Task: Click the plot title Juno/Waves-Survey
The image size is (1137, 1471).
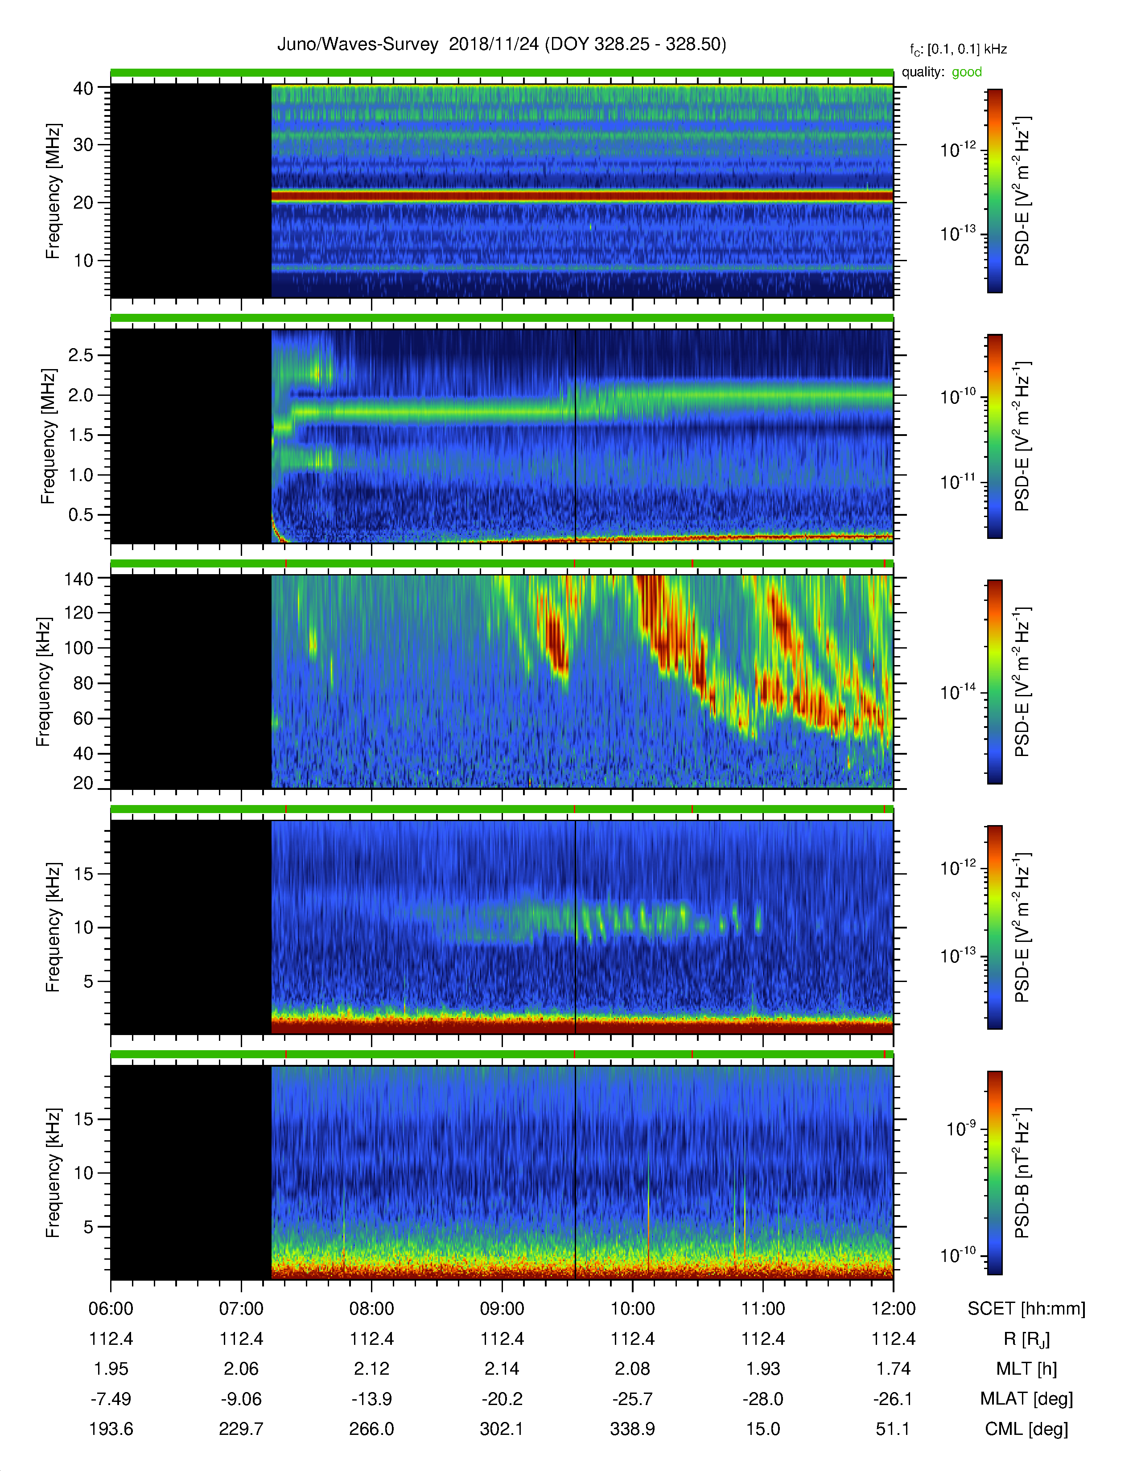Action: (358, 45)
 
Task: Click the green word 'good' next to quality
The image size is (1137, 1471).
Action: (967, 72)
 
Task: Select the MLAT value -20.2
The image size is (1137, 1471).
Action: (502, 1399)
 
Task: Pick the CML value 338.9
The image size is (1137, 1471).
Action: (633, 1429)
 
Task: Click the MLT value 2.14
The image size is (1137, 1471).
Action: (502, 1368)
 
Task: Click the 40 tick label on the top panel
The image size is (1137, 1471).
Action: (83, 88)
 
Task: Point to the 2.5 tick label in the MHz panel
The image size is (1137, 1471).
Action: (81, 355)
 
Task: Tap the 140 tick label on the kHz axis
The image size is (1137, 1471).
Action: (78, 579)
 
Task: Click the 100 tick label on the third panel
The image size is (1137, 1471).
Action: (78, 648)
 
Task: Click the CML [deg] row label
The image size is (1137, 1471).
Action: (1026, 1429)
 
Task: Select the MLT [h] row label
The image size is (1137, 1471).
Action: (1026, 1368)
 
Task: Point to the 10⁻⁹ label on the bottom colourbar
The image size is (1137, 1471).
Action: (960, 1128)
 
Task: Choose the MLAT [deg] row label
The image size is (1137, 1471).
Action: (1026, 1399)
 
